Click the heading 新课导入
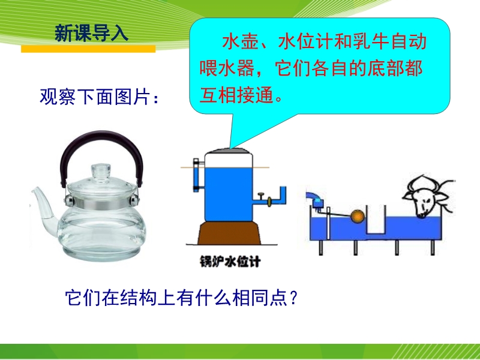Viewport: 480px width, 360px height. tap(91, 33)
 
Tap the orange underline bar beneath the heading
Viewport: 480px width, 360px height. tap(88, 49)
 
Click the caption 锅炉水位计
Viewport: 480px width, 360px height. tap(230, 262)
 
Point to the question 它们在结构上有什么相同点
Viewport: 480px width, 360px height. tap(176, 298)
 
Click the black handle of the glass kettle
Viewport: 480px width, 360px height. tap(101, 142)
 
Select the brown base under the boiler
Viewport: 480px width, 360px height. tap(229, 233)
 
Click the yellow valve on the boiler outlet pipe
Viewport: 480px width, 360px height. tap(269, 202)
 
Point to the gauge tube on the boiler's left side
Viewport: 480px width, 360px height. tap(196, 175)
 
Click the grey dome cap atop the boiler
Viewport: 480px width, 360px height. tap(229, 151)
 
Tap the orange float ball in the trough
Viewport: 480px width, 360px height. tap(357, 216)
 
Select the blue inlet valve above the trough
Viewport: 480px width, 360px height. tap(319, 203)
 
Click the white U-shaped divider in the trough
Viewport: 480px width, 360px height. tap(376, 221)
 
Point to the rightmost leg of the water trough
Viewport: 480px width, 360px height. tap(433, 247)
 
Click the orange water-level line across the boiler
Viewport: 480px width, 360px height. tap(225, 167)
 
